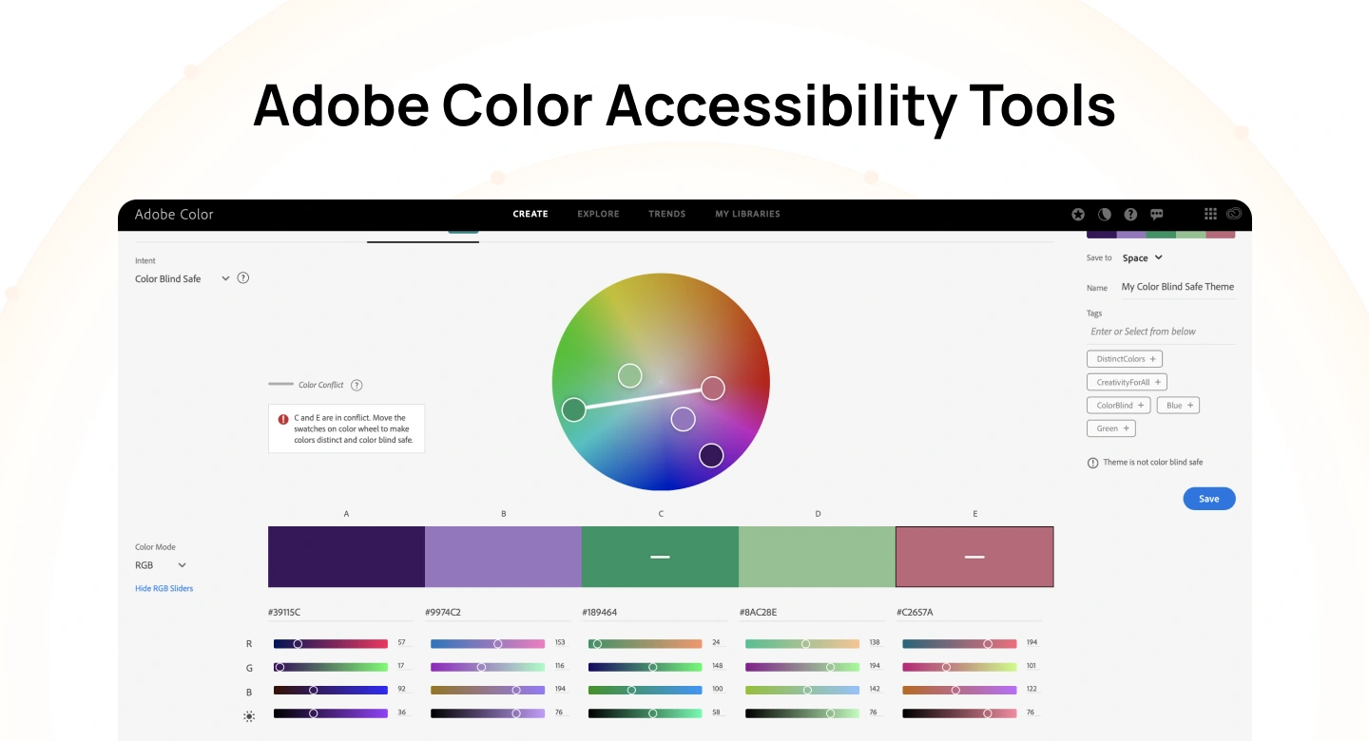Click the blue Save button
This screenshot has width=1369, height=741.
[x=1208, y=499]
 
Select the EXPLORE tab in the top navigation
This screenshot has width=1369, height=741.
[x=598, y=214]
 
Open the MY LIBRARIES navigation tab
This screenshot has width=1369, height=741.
[x=747, y=214]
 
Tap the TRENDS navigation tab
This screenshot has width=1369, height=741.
[x=666, y=214]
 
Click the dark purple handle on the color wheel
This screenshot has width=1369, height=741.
[x=711, y=455]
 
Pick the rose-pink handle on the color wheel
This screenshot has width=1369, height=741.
[x=713, y=388]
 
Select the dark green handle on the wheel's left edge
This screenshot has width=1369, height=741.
[x=573, y=409]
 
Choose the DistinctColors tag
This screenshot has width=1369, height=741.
[x=1125, y=359]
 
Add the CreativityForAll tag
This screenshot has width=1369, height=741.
[x=1127, y=382]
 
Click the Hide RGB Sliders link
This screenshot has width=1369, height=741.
[x=164, y=589]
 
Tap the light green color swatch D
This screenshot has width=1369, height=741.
[x=818, y=557]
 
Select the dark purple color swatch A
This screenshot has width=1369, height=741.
[x=346, y=557]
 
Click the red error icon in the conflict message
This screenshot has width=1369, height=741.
[x=283, y=419]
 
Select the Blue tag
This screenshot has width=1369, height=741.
[x=1178, y=406]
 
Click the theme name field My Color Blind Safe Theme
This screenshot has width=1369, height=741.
[x=1177, y=287]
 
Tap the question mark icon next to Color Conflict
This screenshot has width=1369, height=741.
[x=357, y=385]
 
